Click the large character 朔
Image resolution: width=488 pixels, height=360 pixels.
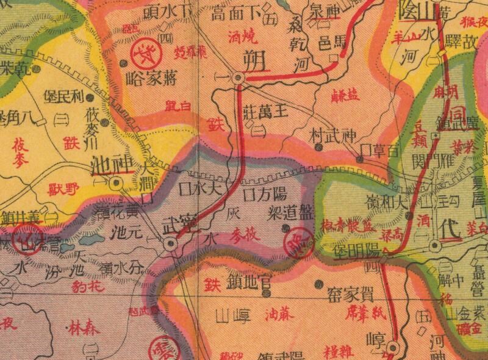pyautogui.click(x=252, y=60)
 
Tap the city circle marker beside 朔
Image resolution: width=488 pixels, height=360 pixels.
pyautogui.click(x=239, y=79)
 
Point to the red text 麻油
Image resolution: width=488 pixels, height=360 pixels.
pyautogui.click(x=281, y=315)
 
